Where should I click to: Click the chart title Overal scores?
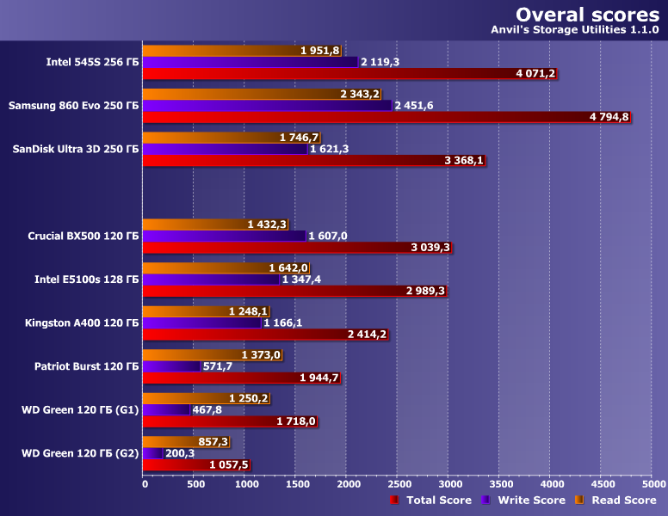pos(587,15)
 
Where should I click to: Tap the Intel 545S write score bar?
pos(250,62)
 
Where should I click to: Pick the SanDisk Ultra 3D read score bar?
pos(211,138)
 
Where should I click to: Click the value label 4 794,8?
pos(609,117)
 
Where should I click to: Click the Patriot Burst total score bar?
pos(224,378)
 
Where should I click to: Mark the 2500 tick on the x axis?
pos(398,484)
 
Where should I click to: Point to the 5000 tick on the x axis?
pos(651,484)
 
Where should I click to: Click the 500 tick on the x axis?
pos(195,484)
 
